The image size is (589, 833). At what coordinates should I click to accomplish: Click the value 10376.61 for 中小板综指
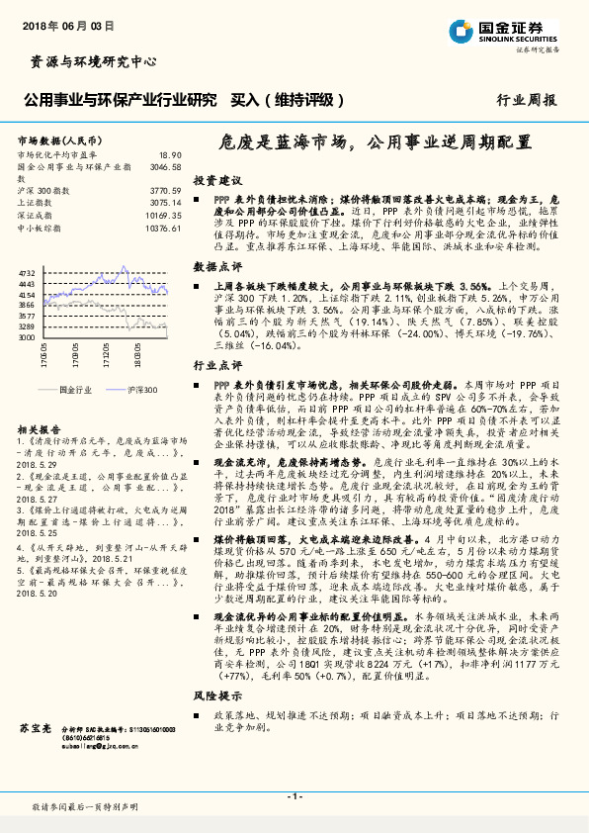162,229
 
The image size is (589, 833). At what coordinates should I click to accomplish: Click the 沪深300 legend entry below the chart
142,391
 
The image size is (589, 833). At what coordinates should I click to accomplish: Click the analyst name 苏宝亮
34,728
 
